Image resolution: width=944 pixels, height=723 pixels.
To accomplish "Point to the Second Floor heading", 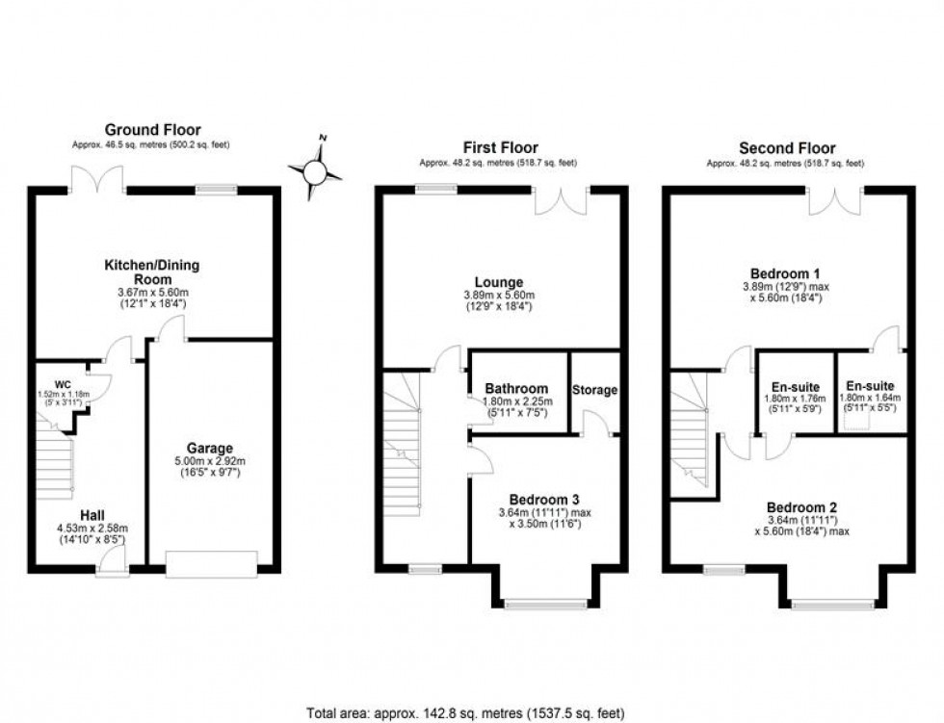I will pyautogui.click(x=787, y=148).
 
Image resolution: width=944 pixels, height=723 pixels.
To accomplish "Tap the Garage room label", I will pyautogui.click(x=210, y=448).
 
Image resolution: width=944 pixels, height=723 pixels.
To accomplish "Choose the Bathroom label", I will pyautogui.click(x=516, y=389).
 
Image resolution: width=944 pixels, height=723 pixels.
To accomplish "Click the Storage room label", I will pyautogui.click(x=594, y=390).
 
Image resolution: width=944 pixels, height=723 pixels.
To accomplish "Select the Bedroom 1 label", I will pyautogui.click(x=787, y=272).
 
